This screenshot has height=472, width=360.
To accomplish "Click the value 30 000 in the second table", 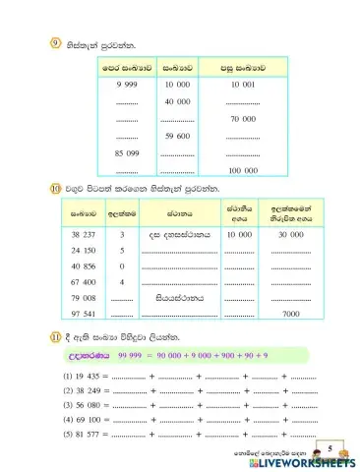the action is tap(290, 236).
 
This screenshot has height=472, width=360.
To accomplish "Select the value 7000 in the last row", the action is tap(290, 313).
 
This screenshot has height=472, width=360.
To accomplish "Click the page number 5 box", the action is tap(333, 448).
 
